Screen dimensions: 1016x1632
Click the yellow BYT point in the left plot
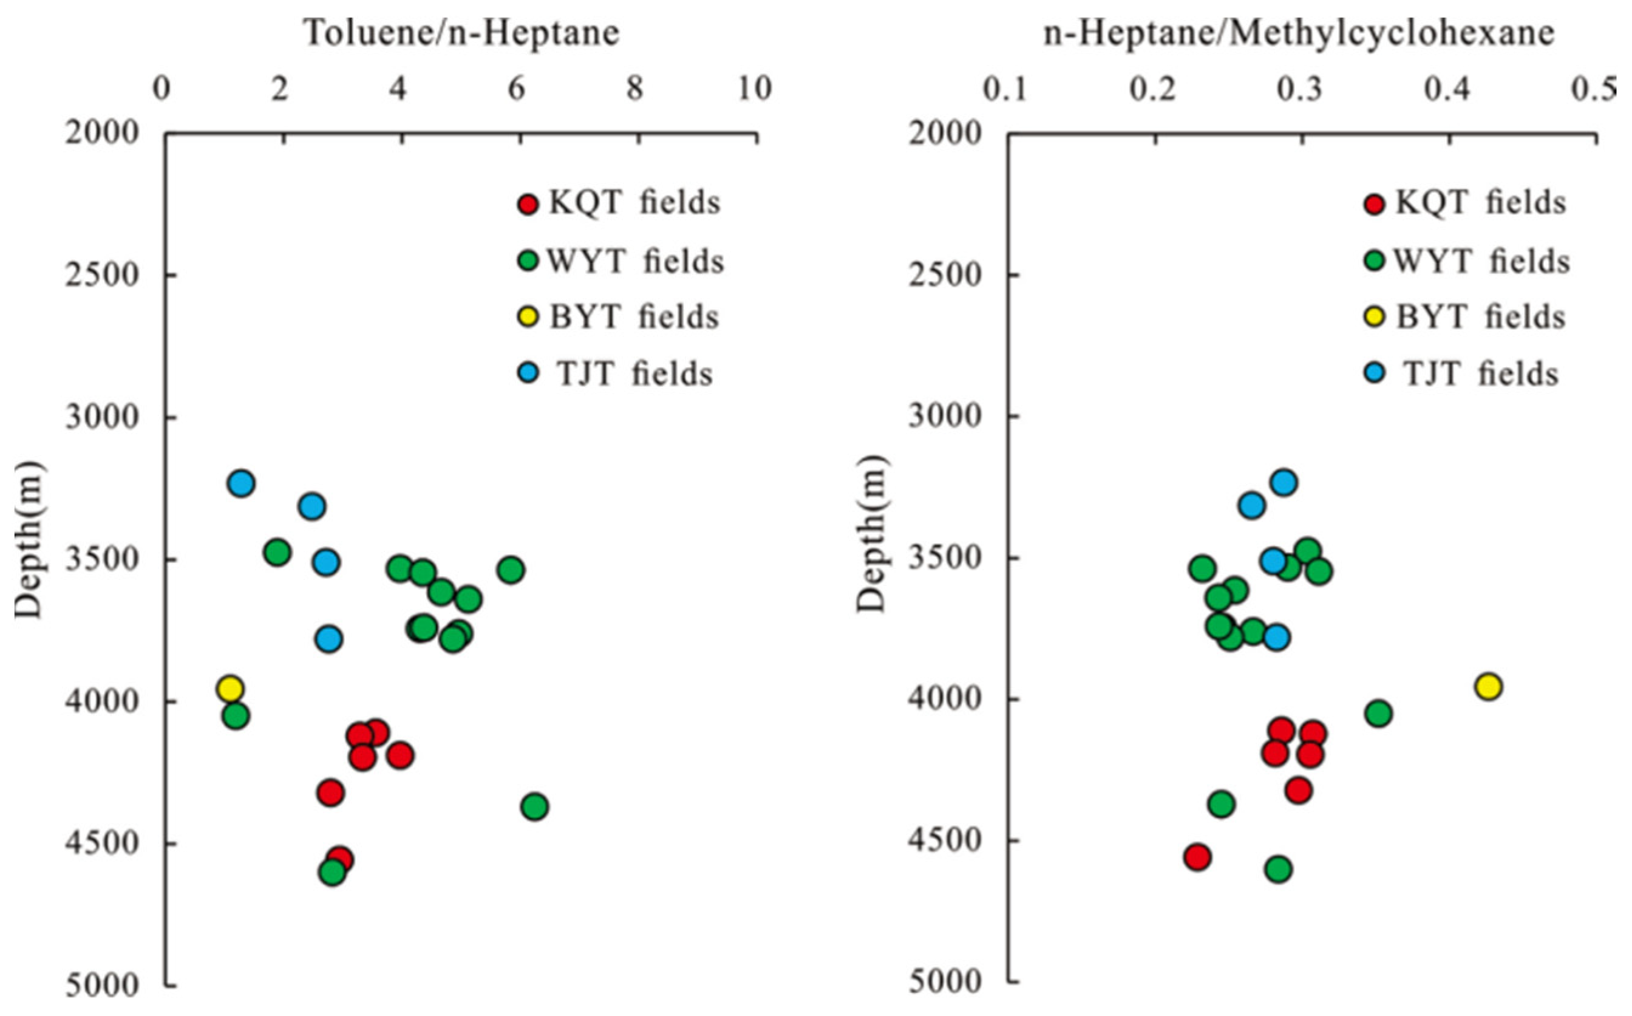(x=229, y=688)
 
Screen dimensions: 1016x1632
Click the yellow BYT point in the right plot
(x=1488, y=686)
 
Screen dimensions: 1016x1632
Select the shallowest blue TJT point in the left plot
(x=240, y=482)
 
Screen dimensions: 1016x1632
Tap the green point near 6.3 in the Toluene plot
(x=535, y=806)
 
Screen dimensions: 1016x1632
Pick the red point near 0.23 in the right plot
(x=1197, y=857)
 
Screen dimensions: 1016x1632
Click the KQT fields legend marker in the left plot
(x=529, y=203)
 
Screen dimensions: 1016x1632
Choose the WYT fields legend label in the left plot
(x=635, y=261)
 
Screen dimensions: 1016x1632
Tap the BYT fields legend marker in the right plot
(x=1375, y=317)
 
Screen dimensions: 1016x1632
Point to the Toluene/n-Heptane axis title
(x=461, y=32)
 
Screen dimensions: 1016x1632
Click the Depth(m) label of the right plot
(x=872, y=534)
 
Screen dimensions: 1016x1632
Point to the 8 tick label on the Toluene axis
(x=634, y=89)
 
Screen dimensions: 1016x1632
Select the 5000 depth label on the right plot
(x=944, y=982)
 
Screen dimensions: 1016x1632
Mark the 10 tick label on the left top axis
(x=755, y=89)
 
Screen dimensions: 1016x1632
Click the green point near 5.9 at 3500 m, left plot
(x=511, y=570)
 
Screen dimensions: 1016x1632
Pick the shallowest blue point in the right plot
(x=1283, y=482)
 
